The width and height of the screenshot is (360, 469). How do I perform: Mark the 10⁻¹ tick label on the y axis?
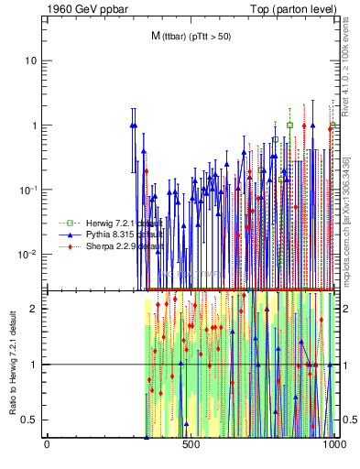[x=29, y=189]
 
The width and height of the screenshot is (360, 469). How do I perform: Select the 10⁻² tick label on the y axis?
[x=29, y=254]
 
